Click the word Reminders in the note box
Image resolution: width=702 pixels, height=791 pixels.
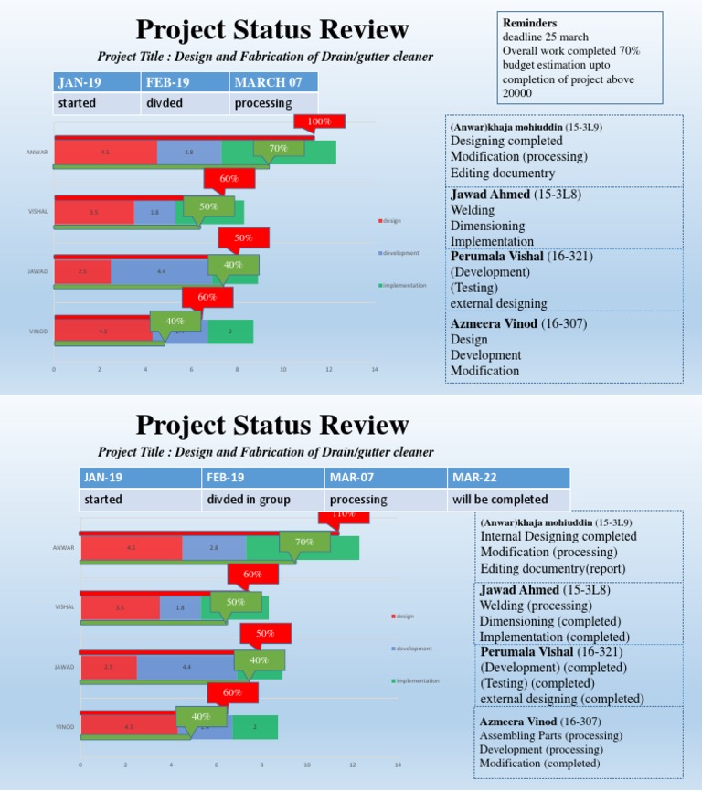click(530, 22)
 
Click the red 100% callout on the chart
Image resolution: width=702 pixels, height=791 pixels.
click(318, 121)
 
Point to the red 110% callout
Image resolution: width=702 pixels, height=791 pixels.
click(344, 515)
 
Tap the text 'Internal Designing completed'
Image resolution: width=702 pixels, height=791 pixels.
click(558, 536)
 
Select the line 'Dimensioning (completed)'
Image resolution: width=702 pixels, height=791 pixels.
click(546, 621)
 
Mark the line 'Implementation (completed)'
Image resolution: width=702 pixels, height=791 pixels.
click(554, 637)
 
